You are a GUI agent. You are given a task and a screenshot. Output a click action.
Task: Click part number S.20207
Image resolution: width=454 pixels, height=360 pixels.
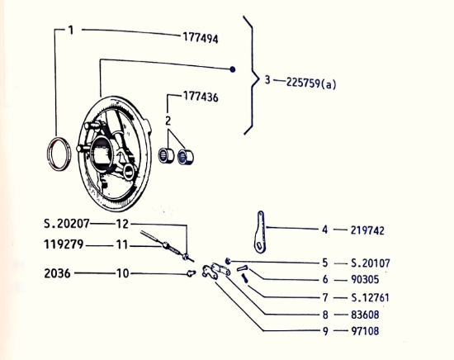[68, 224]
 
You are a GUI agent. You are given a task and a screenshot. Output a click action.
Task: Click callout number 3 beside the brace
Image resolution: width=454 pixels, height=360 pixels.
[267, 81]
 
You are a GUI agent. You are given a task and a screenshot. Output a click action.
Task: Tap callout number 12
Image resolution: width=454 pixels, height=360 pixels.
[122, 224]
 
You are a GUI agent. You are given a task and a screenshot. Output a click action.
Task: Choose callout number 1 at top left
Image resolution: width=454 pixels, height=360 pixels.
[71, 31]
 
